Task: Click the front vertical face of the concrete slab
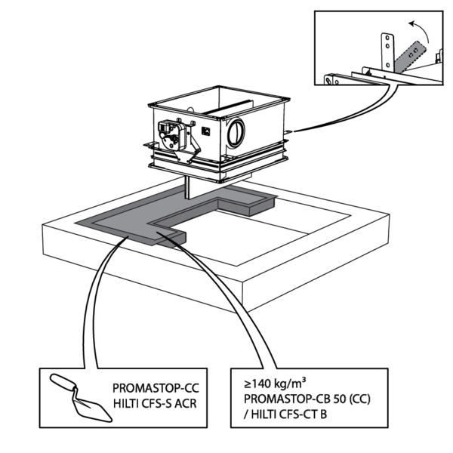click(x=151, y=276)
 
